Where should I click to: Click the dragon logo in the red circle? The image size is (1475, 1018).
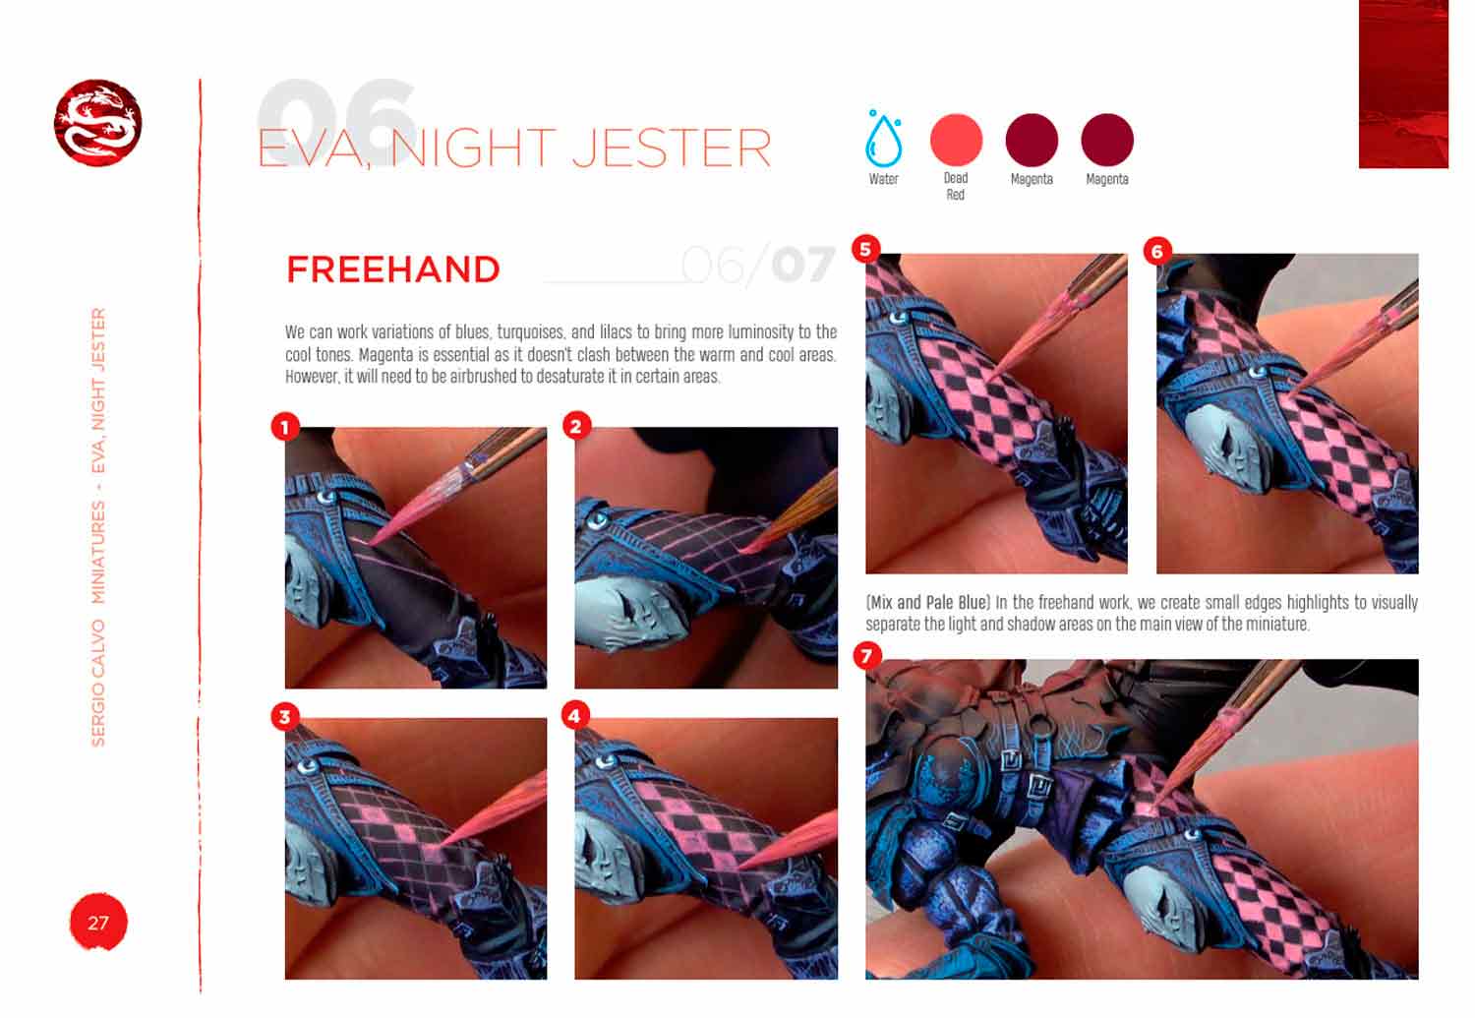(x=97, y=123)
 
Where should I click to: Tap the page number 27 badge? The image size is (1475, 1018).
(x=98, y=922)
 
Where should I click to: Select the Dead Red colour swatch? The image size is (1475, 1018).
(x=956, y=140)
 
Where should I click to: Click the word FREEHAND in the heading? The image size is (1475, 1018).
(x=393, y=269)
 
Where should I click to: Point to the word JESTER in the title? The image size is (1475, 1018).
(x=672, y=149)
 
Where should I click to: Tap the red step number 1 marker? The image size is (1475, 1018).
(x=285, y=428)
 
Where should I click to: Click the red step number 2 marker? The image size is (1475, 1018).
(x=576, y=427)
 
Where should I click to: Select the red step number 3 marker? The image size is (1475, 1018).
(x=285, y=717)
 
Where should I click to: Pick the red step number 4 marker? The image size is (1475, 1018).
(x=575, y=716)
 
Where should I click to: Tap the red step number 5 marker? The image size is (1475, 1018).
(x=866, y=249)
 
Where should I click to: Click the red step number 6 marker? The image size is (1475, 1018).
(x=1157, y=251)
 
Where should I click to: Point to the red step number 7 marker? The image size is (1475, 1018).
(x=866, y=656)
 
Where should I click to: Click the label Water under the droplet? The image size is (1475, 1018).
(x=883, y=179)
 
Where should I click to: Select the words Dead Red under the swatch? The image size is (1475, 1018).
(x=956, y=186)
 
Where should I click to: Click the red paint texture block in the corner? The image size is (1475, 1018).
(x=1403, y=84)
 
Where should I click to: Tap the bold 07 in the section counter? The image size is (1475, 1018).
(x=803, y=265)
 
